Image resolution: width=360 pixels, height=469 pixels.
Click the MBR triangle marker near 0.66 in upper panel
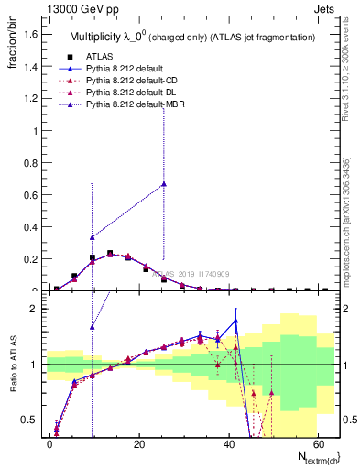[164, 184]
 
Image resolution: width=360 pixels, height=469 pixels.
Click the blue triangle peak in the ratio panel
[235, 321]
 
